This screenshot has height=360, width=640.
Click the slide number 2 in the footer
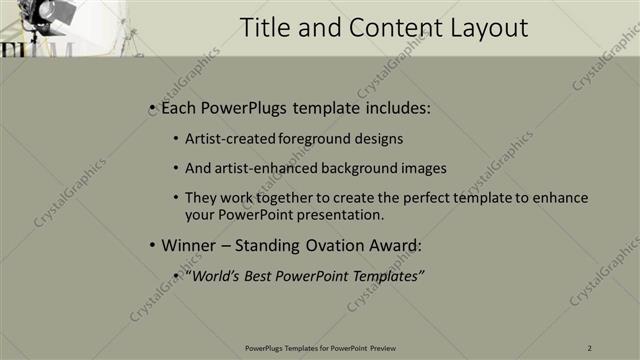click(590, 347)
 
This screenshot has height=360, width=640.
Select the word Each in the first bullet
click(176, 108)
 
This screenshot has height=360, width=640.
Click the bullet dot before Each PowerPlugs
click(151, 108)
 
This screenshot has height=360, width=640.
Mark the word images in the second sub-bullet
click(424, 169)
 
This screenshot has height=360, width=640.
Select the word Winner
click(186, 245)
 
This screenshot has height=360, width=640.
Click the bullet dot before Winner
click(151, 245)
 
